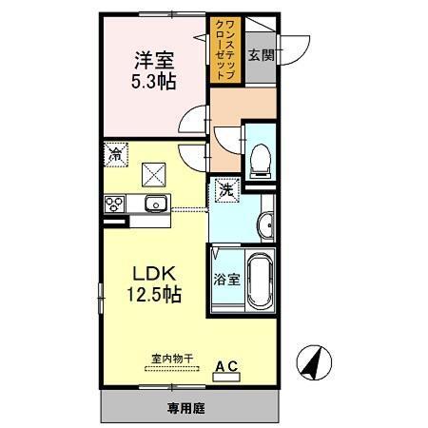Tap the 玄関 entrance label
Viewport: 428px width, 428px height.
(261, 55)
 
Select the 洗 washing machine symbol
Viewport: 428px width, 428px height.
(226, 190)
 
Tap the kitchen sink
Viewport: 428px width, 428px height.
(155, 204)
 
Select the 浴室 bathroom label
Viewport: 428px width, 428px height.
(224, 281)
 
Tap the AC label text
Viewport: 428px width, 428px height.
(229, 364)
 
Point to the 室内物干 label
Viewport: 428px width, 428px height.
(173, 359)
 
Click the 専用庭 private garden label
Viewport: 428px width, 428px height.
(190, 409)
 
